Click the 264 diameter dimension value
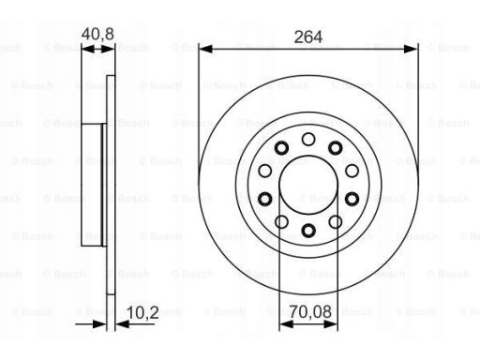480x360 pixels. coord(308,37)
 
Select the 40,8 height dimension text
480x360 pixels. coord(97,34)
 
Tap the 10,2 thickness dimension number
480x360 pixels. coord(142,312)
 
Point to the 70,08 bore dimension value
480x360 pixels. coord(310,312)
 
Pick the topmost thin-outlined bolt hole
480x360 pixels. coord(308,140)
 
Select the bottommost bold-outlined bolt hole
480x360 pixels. coord(308,231)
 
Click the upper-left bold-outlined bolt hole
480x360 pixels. coord(281,148)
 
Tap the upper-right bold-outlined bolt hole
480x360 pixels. coord(336,148)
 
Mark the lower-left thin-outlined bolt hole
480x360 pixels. coord(281,222)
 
